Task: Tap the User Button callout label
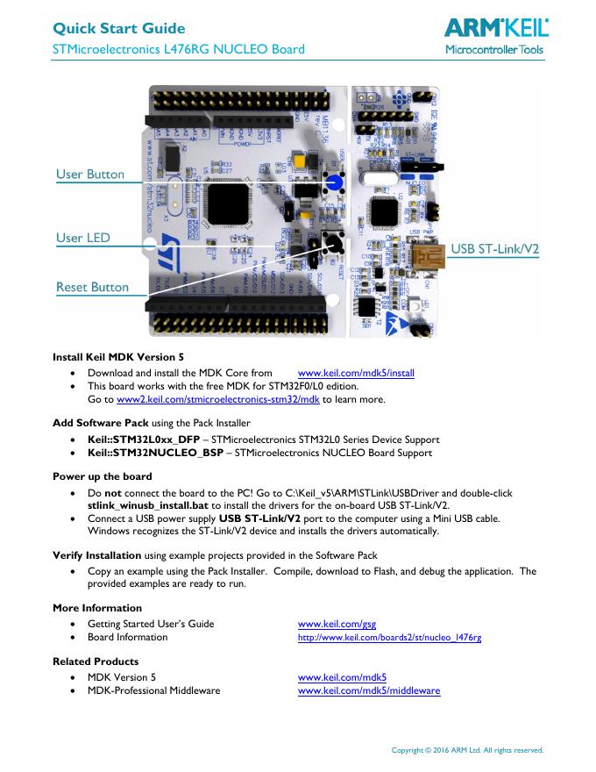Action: (x=90, y=175)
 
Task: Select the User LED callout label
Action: (x=82, y=238)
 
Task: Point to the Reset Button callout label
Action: (x=92, y=287)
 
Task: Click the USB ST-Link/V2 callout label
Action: (x=494, y=249)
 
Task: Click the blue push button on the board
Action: (x=334, y=182)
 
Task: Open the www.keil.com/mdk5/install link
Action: (x=356, y=374)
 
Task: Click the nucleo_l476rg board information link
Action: (x=389, y=638)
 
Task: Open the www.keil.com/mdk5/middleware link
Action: (x=368, y=691)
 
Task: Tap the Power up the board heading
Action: (x=102, y=477)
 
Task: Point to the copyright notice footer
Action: (x=466, y=750)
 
